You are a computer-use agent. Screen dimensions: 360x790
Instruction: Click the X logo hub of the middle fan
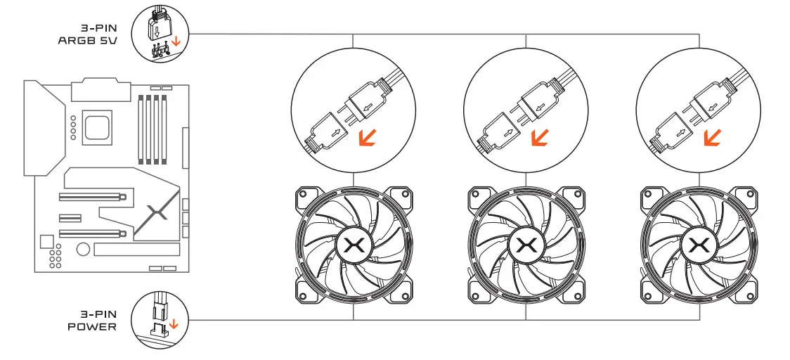pyautogui.click(x=525, y=245)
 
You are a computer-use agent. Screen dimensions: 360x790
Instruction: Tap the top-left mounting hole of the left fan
pyautogui.click(x=304, y=194)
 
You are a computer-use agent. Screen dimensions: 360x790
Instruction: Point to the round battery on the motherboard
pyautogui.click(x=83, y=249)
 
